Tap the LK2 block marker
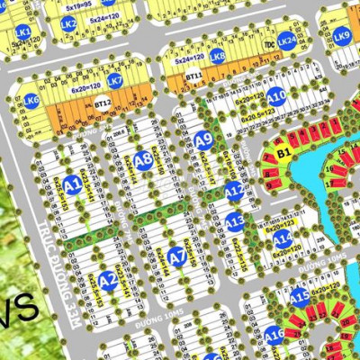(x=68, y=23)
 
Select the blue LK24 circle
(x=286, y=40)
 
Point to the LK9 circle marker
(x=342, y=36)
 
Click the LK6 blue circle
(x=31, y=102)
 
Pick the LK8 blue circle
(x=218, y=55)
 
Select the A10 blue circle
(x=277, y=96)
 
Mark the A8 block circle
(x=143, y=161)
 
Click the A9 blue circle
(x=203, y=139)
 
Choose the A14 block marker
(x=283, y=238)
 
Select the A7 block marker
(x=177, y=257)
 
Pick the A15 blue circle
(x=299, y=295)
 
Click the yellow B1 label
(x=283, y=154)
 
